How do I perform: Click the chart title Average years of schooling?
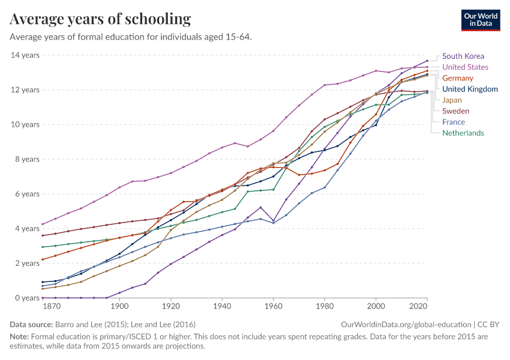point(100,19)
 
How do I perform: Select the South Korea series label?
point(463,56)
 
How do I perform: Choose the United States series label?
point(465,67)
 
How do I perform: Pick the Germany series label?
point(457,78)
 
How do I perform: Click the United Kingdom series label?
point(470,89)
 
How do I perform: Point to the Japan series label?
point(452,100)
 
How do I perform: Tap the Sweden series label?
point(455,111)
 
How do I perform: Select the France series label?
point(453,122)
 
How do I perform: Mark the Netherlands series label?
point(463,133)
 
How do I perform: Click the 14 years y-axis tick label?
point(25,55)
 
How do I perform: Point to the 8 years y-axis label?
point(27,160)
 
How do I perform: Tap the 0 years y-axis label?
point(27,298)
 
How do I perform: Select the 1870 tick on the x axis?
point(52,307)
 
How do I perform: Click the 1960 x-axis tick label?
point(274,307)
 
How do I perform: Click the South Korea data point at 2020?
point(427,61)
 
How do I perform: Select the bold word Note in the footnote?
point(20,337)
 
